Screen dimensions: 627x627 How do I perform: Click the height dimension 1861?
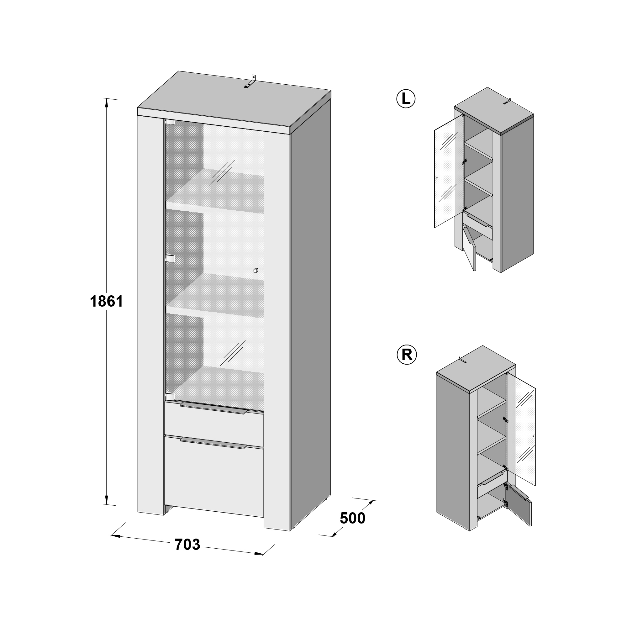[x=107, y=302]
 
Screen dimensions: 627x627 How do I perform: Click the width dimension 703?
[x=187, y=545]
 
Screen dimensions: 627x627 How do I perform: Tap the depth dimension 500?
[x=352, y=518]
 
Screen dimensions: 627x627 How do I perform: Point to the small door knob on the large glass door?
[x=256, y=270]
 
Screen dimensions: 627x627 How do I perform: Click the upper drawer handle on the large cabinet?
[x=214, y=408]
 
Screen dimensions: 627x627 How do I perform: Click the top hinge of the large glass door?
[x=169, y=122]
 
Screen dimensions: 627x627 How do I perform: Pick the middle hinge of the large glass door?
[x=170, y=258]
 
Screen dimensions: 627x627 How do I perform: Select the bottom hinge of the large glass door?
[x=169, y=397]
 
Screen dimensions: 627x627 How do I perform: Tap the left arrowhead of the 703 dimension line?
[x=116, y=536]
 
